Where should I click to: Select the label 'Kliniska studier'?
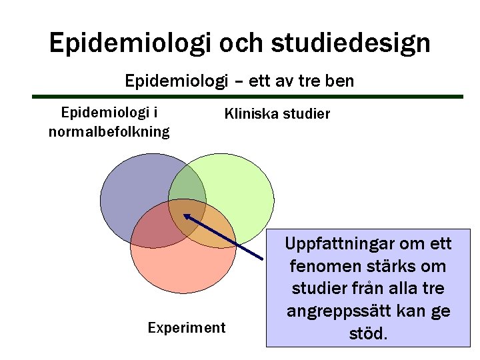point(277,115)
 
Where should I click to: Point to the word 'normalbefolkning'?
point(109,131)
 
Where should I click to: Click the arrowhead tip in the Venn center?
point(185,215)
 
